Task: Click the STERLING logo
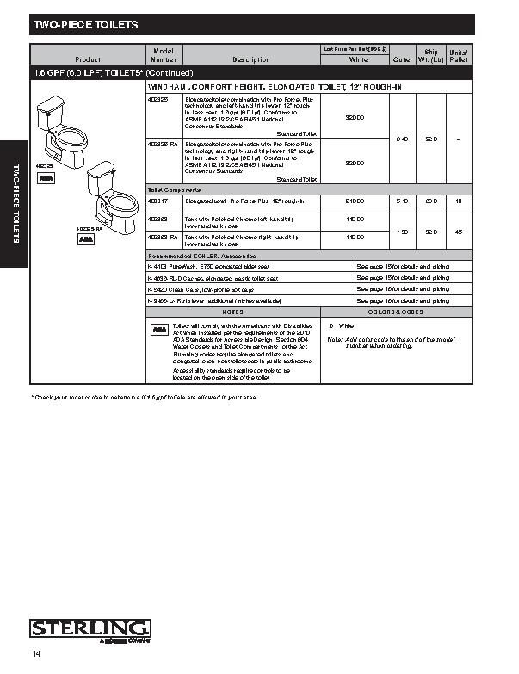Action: tap(90, 628)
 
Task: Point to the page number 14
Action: tap(37, 655)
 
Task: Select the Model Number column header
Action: tap(164, 55)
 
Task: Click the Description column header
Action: tap(251, 59)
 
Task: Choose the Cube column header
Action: tap(401, 59)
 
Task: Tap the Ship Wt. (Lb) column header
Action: tap(431, 55)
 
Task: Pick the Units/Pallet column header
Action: tap(458, 55)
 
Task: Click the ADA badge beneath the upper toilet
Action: tap(45, 176)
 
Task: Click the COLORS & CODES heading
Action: tap(395, 312)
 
